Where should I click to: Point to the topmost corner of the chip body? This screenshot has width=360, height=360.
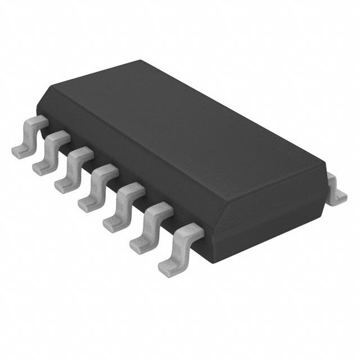[138, 62]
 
